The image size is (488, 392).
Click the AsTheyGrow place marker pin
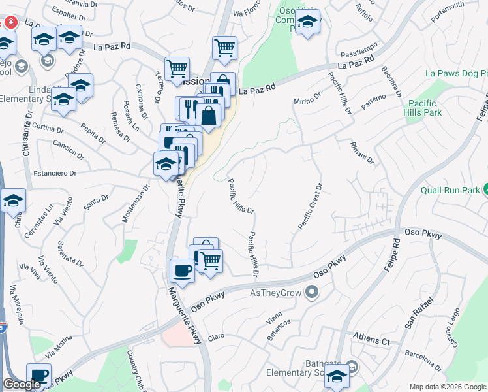pyautogui.click(x=313, y=292)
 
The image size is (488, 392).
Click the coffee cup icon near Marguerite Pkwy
pyautogui.click(x=182, y=270)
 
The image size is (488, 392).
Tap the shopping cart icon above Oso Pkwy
pyautogui.click(x=210, y=261)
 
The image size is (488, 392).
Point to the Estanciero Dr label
pyautogui.click(x=55, y=174)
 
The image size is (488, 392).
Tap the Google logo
pyautogui.click(x=22, y=384)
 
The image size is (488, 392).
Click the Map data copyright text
pyautogui.click(x=447, y=387)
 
